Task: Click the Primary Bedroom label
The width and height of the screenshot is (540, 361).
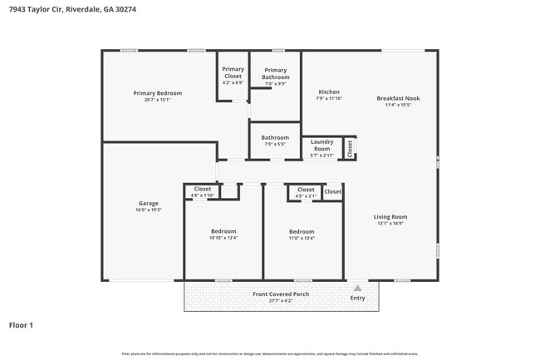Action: (x=157, y=93)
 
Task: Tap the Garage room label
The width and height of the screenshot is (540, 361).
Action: (x=149, y=203)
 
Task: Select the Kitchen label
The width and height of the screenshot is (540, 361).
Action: (x=329, y=91)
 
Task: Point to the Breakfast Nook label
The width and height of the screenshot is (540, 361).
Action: (x=398, y=98)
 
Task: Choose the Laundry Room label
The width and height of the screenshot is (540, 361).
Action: (x=322, y=145)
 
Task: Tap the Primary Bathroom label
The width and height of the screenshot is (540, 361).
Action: (x=275, y=73)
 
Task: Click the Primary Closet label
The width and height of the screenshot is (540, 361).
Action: (x=233, y=72)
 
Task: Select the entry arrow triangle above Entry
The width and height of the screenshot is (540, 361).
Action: (x=357, y=289)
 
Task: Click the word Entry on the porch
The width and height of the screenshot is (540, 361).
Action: (x=357, y=298)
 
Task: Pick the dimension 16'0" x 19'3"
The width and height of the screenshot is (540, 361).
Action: (x=149, y=210)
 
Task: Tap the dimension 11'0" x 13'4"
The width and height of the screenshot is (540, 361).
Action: (x=301, y=238)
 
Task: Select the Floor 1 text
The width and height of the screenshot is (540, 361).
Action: (x=21, y=324)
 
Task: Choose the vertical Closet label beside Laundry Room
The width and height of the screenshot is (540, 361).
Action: (x=350, y=148)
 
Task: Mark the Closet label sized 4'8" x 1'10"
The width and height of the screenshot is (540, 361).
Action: (x=203, y=189)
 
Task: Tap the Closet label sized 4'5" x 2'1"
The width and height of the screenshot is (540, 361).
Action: (x=306, y=190)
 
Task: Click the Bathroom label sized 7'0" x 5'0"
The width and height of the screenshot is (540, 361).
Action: (x=275, y=137)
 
